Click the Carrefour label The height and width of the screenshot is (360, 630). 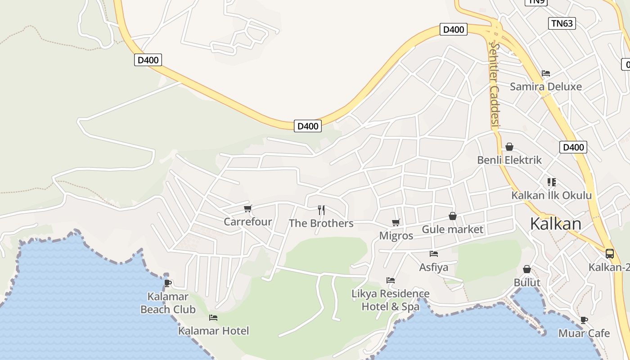pyautogui.click(x=248, y=222)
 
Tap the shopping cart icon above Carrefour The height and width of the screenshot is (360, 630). pyautogui.click(x=247, y=208)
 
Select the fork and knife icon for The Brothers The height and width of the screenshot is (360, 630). pyautogui.click(x=321, y=210)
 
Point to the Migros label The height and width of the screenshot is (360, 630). pyautogui.click(x=396, y=236)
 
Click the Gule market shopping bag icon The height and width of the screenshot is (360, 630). pyautogui.click(x=453, y=216)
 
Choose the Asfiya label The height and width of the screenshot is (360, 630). pyautogui.click(x=434, y=267)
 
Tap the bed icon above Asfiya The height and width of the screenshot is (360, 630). pyautogui.click(x=434, y=254)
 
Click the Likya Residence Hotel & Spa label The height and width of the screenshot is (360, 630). pyautogui.click(x=391, y=300)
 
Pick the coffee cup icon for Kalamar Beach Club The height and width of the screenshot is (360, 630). pyautogui.click(x=168, y=283)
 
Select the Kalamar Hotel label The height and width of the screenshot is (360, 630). pyautogui.click(x=213, y=331)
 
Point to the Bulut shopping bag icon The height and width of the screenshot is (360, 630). pyautogui.click(x=527, y=270)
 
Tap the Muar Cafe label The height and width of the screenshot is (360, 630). pyautogui.click(x=584, y=333)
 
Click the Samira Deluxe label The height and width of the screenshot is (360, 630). pyautogui.click(x=546, y=86)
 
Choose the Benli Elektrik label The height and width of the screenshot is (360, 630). pyautogui.click(x=509, y=160)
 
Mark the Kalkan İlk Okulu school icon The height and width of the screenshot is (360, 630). pyautogui.click(x=552, y=182)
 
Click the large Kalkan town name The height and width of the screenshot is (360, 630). pyautogui.click(x=556, y=224)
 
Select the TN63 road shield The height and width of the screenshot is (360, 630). pyautogui.click(x=562, y=23)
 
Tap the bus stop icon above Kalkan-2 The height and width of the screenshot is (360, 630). pyautogui.click(x=610, y=254)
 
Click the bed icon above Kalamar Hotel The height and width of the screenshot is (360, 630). pyautogui.click(x=213, y=318)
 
